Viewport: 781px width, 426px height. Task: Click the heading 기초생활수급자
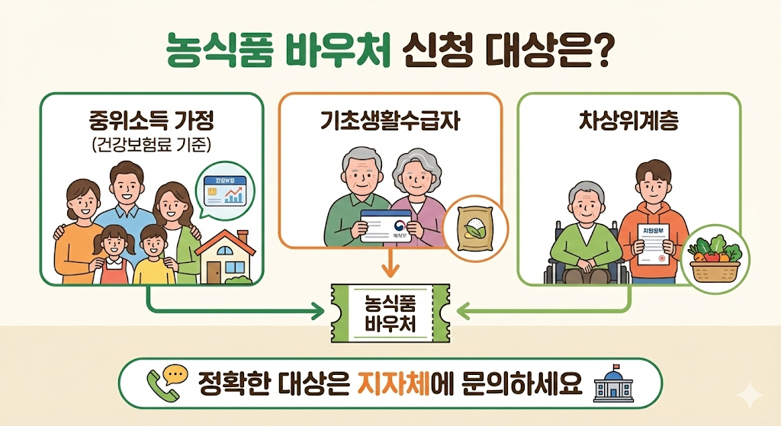click(390, 122)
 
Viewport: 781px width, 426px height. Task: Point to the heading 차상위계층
click(628, 122)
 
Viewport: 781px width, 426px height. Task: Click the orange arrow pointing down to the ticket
click(390, 266)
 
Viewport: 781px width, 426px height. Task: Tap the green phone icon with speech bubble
click(166, 383)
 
